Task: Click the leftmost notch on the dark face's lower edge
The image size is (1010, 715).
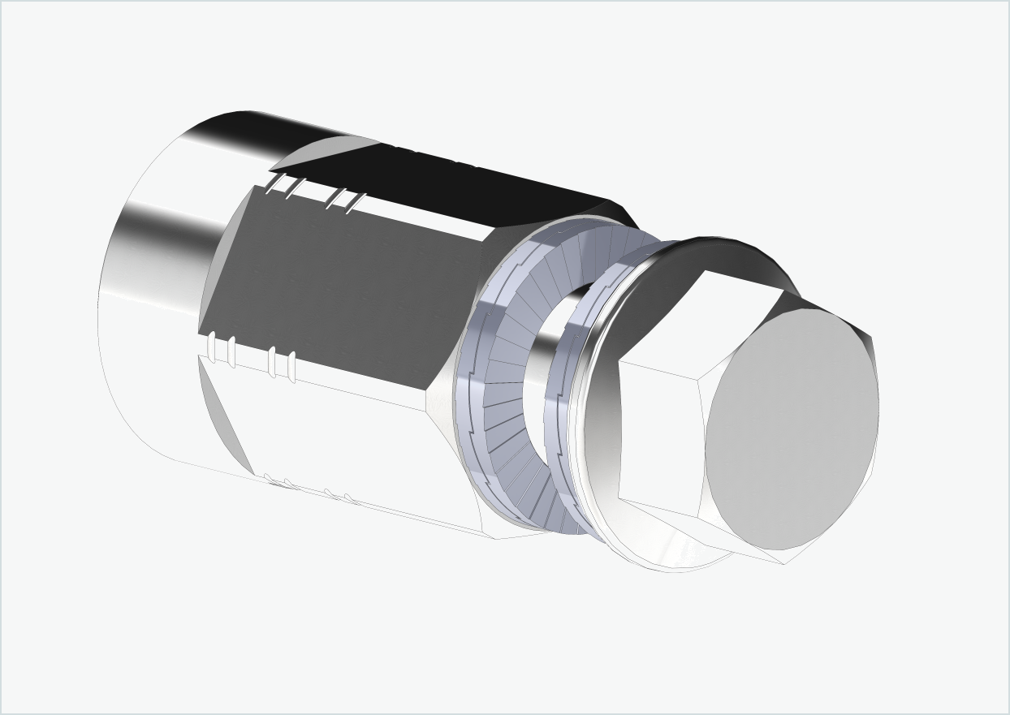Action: (x=213, y=348)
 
